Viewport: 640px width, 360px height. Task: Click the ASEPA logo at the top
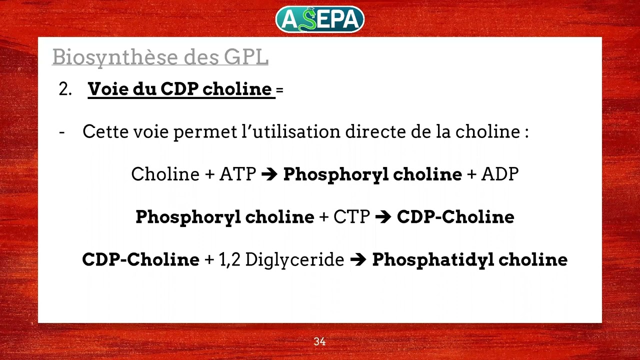click(320, 19)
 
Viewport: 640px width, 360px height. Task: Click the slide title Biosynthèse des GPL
click(160, 57)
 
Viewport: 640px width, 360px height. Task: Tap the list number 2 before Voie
click(65, 89)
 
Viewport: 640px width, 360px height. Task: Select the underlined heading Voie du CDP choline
click(180, 89)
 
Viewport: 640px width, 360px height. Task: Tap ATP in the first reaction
click(237, 174)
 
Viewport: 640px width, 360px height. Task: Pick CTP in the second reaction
click(351, 217)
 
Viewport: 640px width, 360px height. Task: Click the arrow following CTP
click(383, 217)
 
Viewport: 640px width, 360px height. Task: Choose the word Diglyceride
click(295, 259)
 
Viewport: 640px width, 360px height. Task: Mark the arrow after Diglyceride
click(358, 260)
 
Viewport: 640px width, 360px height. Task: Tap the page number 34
click(319, 341)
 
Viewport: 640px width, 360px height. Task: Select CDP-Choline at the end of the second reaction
click(455, 217)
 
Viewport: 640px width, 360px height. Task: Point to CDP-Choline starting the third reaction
click(140, 259)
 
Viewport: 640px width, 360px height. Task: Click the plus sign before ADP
click(471, 174)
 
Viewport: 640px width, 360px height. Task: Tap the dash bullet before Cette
click(62, 132)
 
